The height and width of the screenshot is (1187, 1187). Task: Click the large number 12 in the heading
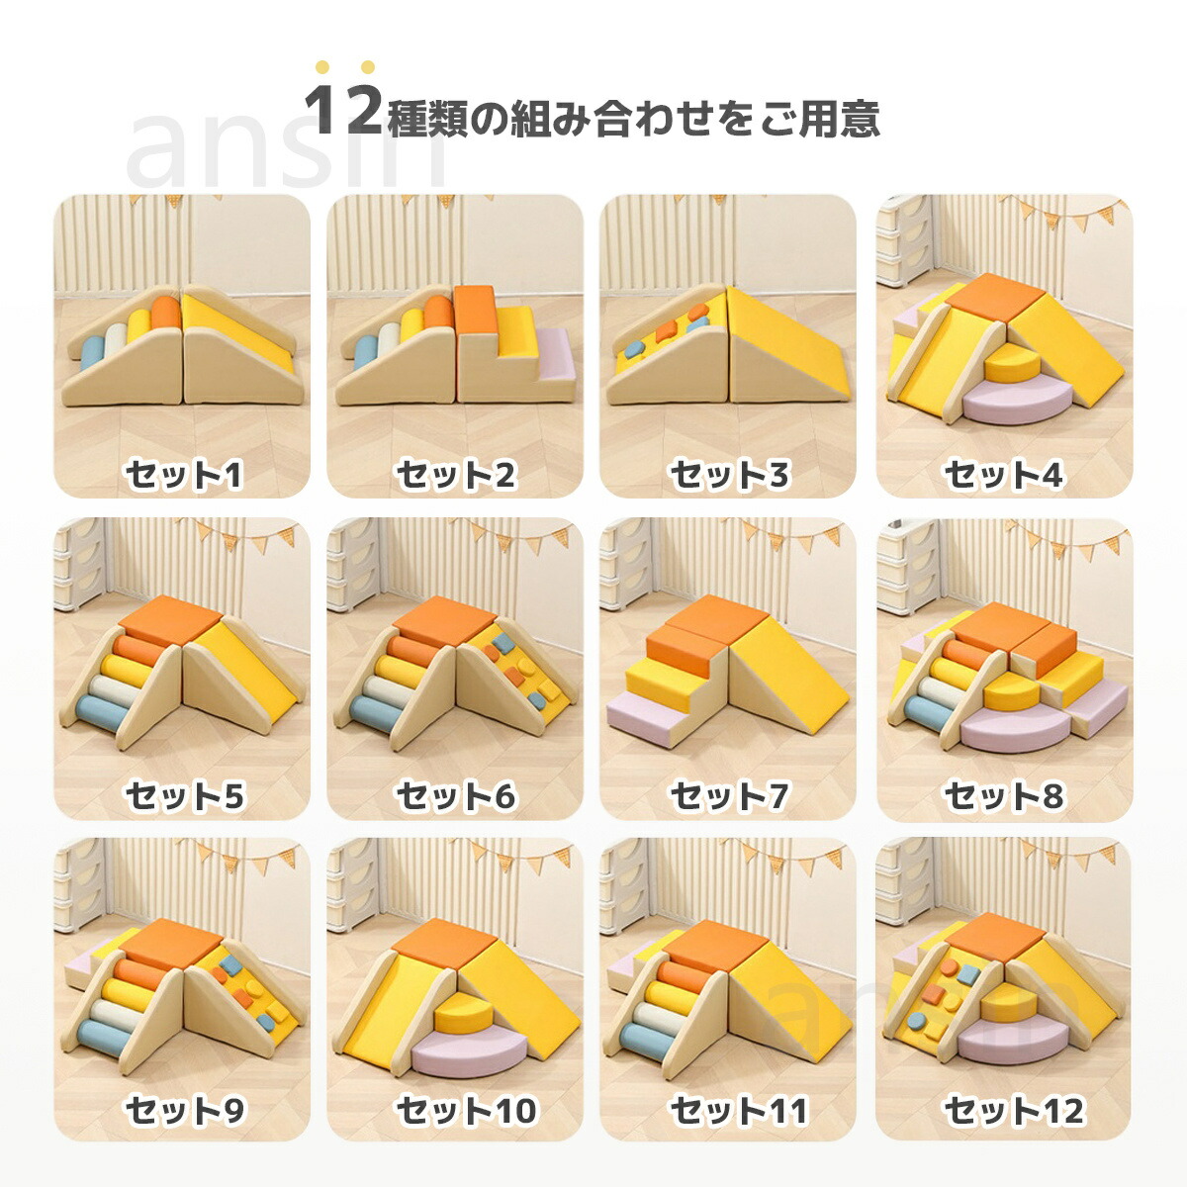coord(343,110)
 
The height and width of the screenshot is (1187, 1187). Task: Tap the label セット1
coord(184,475)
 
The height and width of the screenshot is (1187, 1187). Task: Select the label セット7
coord(729,796)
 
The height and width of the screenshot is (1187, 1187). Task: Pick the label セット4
coord(1004,475)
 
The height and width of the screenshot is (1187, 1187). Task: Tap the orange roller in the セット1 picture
coord(165,315)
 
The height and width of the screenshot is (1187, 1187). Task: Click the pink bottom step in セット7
coord(646,718)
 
